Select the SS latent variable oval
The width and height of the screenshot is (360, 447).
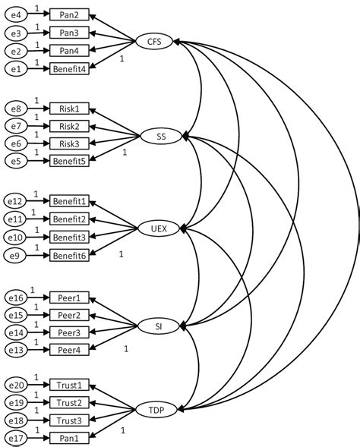tap(160, 136)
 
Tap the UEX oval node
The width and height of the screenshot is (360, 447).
tap(158, 228)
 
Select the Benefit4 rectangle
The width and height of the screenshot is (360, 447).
tap(73, 68)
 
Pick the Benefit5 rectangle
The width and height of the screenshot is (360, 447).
tap(73, 160)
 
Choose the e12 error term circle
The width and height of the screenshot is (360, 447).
tap(15, 202)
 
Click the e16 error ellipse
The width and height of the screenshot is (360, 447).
tap(15, 297)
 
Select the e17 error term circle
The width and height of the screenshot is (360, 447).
tap(15, 438)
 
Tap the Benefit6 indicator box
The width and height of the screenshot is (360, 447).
tap(73, 255)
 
